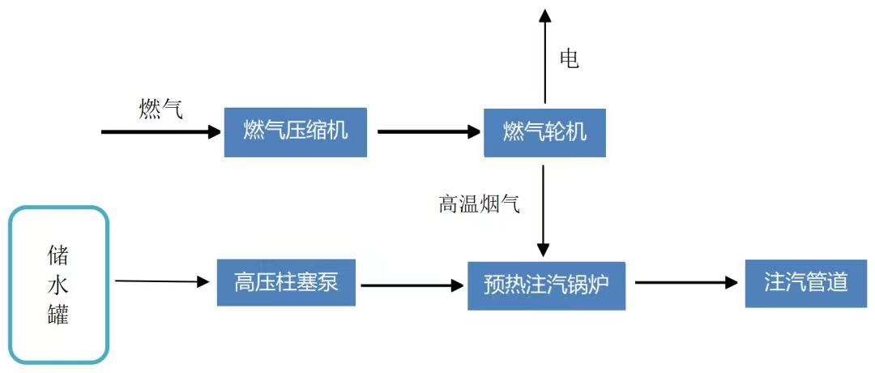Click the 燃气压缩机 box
(x=295, y=131)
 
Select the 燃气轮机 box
(x=544, y=131)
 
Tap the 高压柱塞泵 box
(x=285, y=282)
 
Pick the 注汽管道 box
(x=805, y=282)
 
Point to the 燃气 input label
(x=160, y=108)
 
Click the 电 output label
(x=570, y=59)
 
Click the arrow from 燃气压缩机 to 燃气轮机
(x=429, y=131)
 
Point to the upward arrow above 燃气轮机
(x=544, y=57)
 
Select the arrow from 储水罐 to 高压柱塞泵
(x=162, y=281)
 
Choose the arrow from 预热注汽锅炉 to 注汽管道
(x=685, y=283)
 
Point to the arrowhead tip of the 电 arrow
(x=544, y=11)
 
